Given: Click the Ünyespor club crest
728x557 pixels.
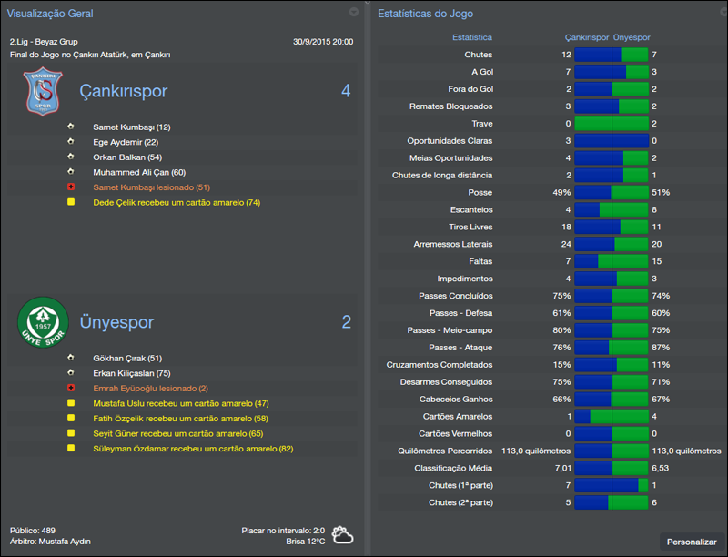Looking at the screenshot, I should (44, 322).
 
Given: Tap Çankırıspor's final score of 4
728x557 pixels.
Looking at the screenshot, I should (346, 91).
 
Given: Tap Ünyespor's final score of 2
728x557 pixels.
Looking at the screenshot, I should (346, 322).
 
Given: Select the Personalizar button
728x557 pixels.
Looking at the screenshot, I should (692, 542).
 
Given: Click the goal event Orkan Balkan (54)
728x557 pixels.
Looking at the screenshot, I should (127, 157).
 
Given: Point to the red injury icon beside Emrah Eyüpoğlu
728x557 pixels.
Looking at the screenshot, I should (70, 388).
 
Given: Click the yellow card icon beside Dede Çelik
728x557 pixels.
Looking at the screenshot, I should (70, 202).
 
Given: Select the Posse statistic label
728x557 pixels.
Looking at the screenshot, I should (479, 193).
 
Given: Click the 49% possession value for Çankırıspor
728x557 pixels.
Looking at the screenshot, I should (561, 193).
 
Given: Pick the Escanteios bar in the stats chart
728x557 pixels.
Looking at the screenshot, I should (611, 209).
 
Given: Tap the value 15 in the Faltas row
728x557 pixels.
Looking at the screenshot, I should (656, 261).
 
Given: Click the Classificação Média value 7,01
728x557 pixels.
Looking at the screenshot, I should (561, 468).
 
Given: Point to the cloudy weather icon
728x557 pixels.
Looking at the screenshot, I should (343, 534).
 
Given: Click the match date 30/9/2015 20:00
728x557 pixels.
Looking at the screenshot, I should (323, 42).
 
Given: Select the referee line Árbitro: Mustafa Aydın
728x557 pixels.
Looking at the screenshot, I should (50, 542).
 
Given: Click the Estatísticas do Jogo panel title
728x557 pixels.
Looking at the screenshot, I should (425, 14).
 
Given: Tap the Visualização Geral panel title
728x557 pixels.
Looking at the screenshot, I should (50, 14).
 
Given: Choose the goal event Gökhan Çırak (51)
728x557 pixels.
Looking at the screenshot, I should (127, 358).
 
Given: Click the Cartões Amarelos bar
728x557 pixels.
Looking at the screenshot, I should (611, 416).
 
